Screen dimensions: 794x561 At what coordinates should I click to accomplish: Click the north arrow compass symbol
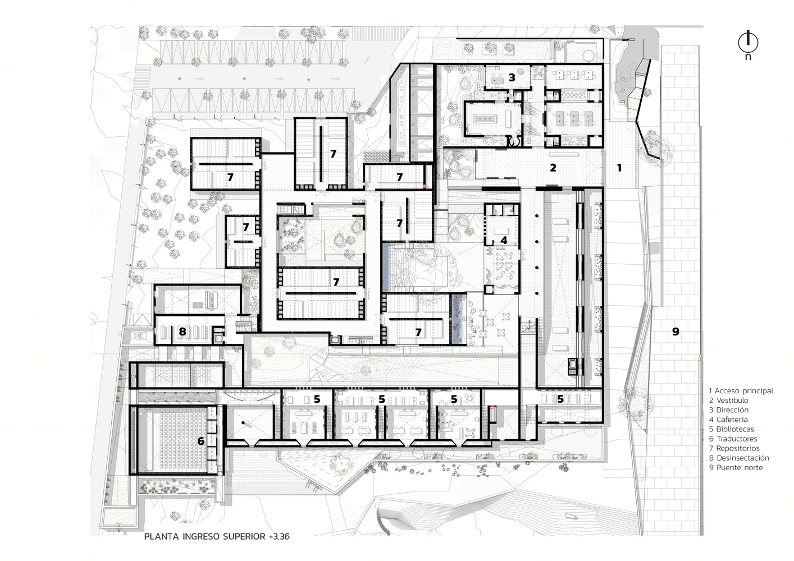point(748,43)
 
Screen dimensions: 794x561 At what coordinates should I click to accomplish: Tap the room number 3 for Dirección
point(512,77)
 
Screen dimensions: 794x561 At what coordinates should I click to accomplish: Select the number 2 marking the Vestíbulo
point(553,168)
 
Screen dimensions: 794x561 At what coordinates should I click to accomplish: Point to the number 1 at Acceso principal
point(619,168)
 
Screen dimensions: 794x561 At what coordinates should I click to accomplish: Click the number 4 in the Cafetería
point(504,241)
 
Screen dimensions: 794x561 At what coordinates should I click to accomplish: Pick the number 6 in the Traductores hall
point(201,441)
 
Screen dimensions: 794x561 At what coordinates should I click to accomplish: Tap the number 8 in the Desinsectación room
point(182,332)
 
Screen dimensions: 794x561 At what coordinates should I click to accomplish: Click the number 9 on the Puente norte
point(676,332)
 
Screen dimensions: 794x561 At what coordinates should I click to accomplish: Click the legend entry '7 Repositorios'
point(734,448)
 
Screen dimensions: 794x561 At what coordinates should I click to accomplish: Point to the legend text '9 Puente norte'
point(736,467)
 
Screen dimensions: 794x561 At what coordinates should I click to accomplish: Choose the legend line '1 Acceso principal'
point(741,390)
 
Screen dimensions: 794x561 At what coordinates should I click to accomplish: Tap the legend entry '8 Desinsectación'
point(739,458)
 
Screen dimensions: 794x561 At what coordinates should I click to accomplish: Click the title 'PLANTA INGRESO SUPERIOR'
point(204,536)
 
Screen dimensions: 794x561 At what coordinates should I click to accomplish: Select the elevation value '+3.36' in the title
point(279,536)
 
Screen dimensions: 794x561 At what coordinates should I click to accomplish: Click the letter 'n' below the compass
point(748,57)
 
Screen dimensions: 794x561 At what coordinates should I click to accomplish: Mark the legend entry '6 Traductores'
point(733,439)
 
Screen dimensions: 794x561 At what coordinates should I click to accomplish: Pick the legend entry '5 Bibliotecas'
point(732,429)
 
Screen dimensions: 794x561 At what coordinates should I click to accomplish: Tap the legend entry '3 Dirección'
point(729,410)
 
